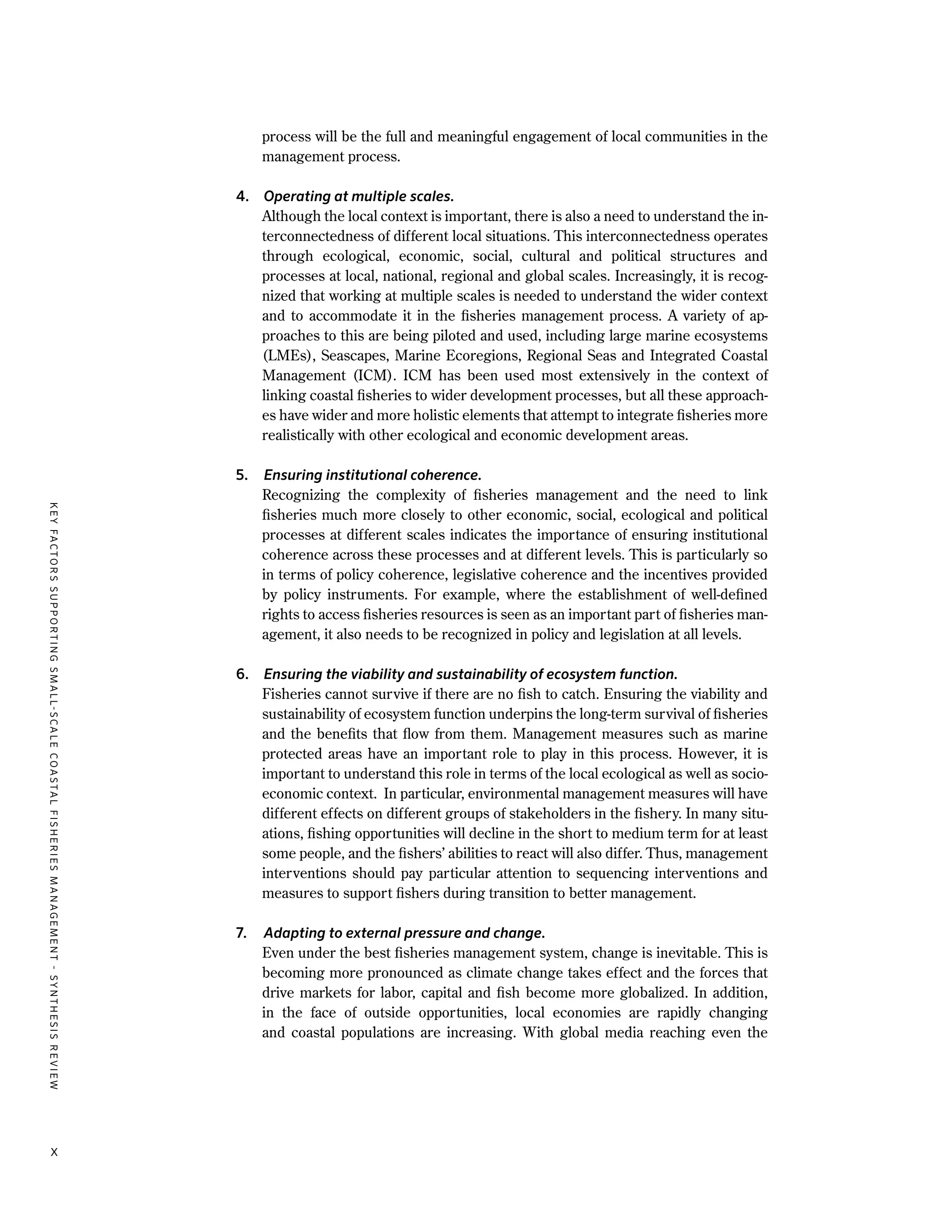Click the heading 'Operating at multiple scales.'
(x=359, y=197)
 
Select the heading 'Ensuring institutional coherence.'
(x=372, y=476)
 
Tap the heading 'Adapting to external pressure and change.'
(x=404, y=933)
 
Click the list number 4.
(x=242, y=197)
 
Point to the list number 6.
(x=242, y=674)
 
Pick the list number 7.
(x=241, y=933)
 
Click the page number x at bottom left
(x=54, y=1153)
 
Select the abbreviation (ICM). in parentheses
(x=375, y=376)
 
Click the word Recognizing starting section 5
(x=300, y=495)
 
